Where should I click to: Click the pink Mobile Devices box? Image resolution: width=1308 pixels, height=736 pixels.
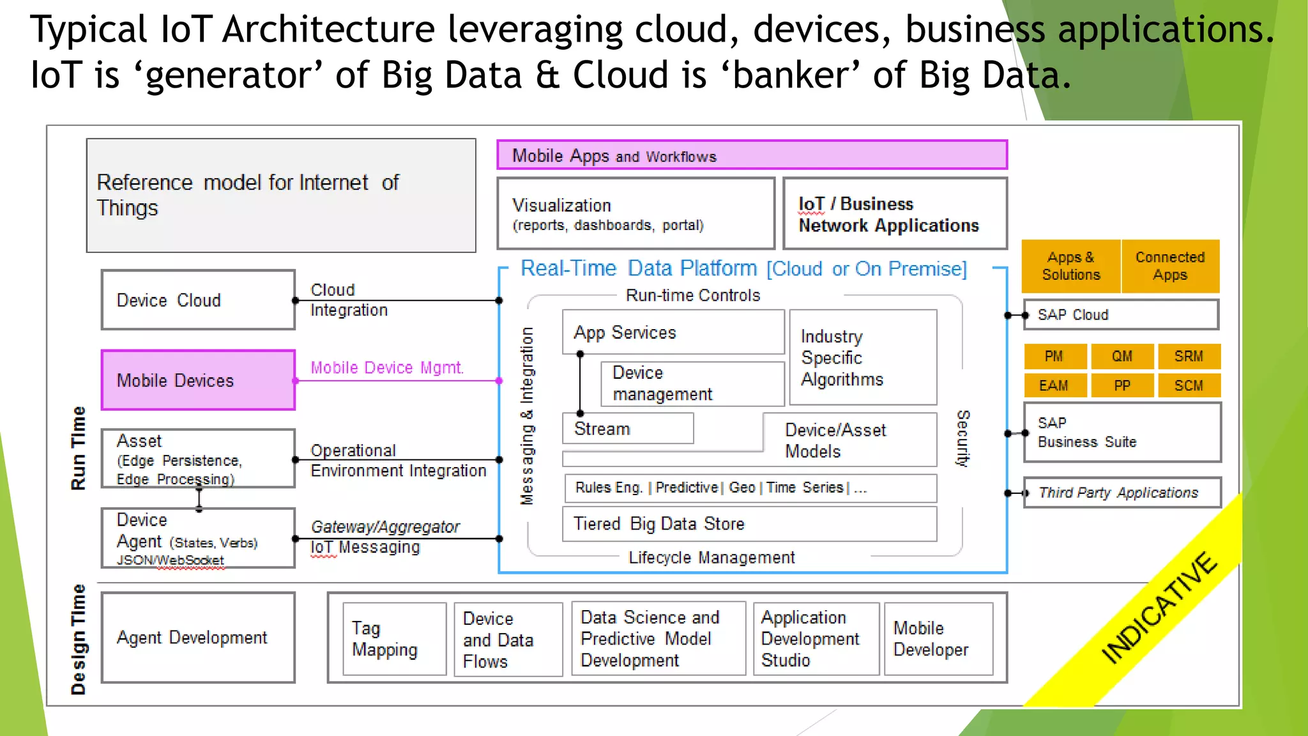point(198,380)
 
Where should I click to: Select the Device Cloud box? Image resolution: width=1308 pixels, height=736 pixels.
point(198,300)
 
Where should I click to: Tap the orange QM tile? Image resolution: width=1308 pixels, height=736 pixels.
point(1122,356)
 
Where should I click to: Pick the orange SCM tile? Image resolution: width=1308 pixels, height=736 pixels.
point(1188,386)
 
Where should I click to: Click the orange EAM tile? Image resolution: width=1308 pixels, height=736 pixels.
point(1054,386)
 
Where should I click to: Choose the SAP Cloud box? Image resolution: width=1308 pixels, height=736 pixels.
point(1121,315)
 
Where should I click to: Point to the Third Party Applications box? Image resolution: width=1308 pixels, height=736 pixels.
point(1122,493)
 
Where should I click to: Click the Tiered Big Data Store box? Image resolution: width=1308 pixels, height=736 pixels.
point(749,524)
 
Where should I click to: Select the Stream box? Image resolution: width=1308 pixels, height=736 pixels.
point(627,429)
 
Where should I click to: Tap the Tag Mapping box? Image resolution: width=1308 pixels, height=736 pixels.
point(394,639)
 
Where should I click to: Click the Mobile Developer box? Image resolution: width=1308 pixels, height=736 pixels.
point(938,639)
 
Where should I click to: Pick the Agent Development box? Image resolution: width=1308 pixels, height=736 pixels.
point(198,638)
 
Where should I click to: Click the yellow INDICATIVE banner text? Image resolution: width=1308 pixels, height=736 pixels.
point(1159,609)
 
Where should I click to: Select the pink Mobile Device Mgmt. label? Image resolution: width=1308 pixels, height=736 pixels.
point(387,368)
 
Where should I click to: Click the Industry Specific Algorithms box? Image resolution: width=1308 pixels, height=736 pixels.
point(863,358)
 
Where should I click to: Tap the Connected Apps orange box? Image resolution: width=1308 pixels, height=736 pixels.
point(1170,266)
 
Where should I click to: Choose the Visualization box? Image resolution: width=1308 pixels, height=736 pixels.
point(635,214)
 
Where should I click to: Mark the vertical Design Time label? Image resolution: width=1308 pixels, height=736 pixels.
point(78,639)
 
